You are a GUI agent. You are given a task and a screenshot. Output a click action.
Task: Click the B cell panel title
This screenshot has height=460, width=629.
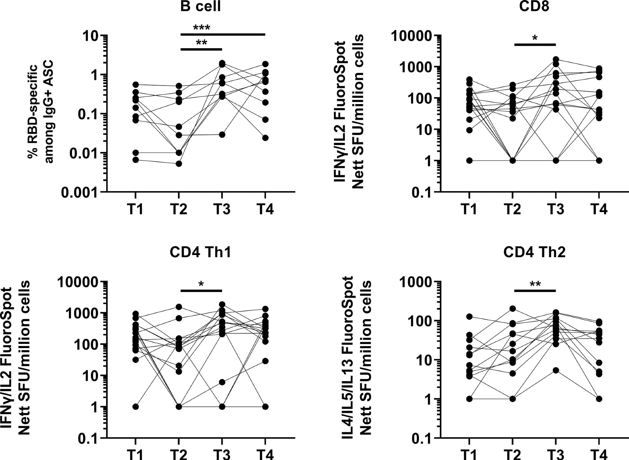tap(200, 6)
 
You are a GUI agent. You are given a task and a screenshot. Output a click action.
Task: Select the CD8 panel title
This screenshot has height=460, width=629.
tap(534, 6)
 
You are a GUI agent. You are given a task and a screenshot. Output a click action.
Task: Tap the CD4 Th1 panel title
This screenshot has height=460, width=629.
tap(200, 252)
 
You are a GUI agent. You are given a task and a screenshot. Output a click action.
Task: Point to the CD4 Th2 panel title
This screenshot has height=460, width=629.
tap(534, 252)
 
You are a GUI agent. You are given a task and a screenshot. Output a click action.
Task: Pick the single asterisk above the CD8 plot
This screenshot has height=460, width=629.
tap(535, 38)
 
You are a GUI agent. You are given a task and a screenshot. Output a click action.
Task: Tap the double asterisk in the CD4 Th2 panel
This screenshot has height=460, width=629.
tap(535, 285)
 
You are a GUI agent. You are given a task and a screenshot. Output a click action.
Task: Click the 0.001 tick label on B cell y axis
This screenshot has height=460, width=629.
tap(79, 192)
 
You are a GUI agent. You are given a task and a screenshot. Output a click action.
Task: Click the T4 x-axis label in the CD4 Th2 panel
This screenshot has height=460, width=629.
tap(599, 455)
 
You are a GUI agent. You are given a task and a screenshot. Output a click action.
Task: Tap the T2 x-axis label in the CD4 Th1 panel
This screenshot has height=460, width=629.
tap(179, 455)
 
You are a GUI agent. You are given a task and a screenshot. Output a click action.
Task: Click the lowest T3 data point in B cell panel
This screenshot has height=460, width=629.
tap(222, 135)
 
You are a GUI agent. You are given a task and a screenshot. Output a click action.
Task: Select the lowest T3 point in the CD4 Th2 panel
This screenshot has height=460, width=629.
tap(556, 370)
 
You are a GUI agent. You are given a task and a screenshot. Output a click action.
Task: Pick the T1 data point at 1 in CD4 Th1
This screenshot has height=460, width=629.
tap(136, 407)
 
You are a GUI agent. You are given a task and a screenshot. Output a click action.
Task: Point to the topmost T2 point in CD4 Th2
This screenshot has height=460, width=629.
tap(513, 308)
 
